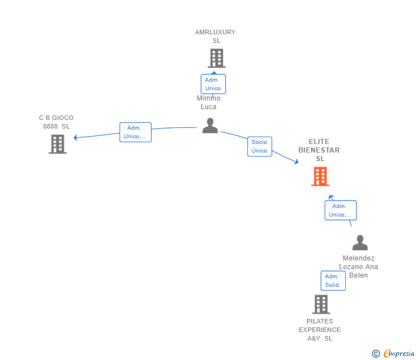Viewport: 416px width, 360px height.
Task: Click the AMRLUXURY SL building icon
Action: pos(217,58)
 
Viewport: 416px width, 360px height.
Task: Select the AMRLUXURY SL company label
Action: pos(215,37)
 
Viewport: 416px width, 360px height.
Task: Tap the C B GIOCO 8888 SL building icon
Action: pos(58,144)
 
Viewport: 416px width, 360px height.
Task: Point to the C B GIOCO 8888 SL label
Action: pos(56,122)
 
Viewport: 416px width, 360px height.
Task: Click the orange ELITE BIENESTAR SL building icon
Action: pos(320,177)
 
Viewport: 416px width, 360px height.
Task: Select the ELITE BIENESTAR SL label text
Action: pos(319,150)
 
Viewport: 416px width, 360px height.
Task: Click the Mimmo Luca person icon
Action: pos(210,126)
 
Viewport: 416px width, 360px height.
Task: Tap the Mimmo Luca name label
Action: pos(209,102)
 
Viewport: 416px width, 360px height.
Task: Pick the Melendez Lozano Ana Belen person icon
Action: pos(360,242)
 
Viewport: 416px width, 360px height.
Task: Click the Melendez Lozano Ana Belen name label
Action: pos(358,267)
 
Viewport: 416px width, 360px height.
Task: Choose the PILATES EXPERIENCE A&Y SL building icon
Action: pos(321,305)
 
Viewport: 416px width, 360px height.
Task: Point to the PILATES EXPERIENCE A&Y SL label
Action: pos(319,330)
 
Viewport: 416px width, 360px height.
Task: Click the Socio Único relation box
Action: pos(259,146)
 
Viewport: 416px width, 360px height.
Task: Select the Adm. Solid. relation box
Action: pos(333,281)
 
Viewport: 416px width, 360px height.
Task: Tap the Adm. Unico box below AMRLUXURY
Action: pos(213,84)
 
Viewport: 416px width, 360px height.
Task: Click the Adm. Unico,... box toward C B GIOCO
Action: pos(135,132)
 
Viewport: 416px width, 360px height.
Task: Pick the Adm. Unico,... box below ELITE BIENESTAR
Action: pos(341,210)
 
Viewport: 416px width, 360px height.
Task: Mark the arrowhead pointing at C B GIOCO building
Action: pos(75,137)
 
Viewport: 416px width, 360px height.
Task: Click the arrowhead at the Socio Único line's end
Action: pos(297,161)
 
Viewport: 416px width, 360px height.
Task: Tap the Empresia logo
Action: pos(393,354)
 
